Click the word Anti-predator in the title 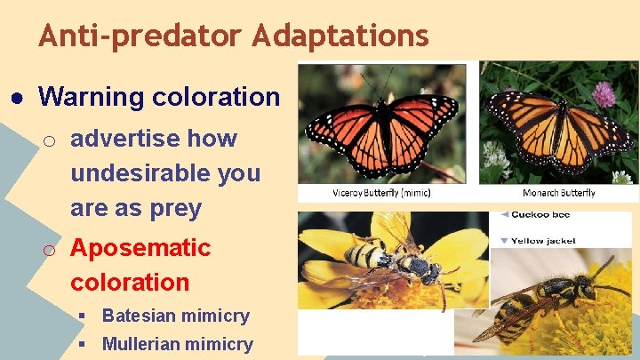(x=140, y=36)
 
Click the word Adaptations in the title (x=340, y=36)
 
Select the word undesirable (x=165, y=172)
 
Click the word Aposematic (x=140, y=247)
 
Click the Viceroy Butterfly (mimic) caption (x=381, y=193)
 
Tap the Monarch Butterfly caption (x=558, y=193)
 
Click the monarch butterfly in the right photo (x=559, y=132)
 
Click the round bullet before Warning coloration (x=17, y=96)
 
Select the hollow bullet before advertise (x=52, y=140)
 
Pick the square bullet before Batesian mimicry (x=82, y=316)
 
